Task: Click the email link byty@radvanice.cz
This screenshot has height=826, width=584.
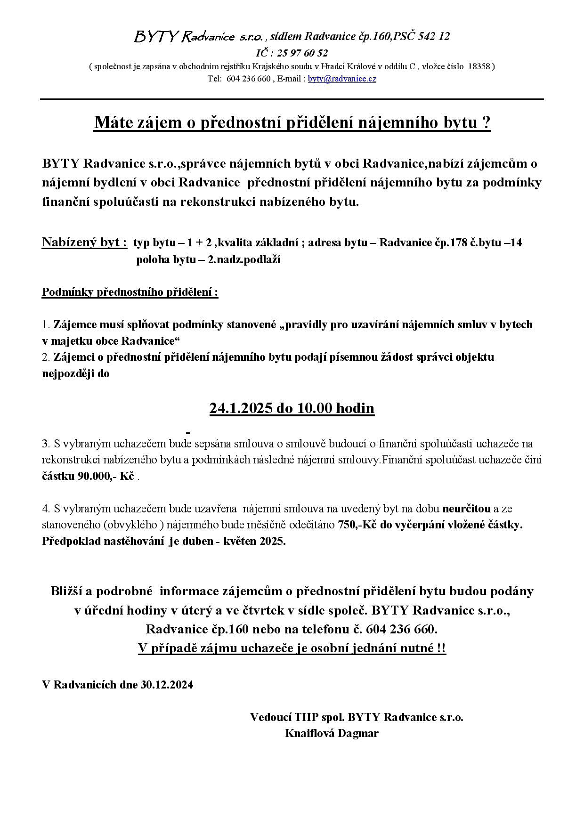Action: (342, 79)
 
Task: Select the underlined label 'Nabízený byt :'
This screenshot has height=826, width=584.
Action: (84, 243)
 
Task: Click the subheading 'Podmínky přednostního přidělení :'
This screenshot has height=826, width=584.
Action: (130, 292)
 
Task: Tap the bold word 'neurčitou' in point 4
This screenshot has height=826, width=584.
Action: (465, 509)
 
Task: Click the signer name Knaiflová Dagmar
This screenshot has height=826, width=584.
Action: (332, 733)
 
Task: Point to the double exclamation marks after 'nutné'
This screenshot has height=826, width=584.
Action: (441, 648)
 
